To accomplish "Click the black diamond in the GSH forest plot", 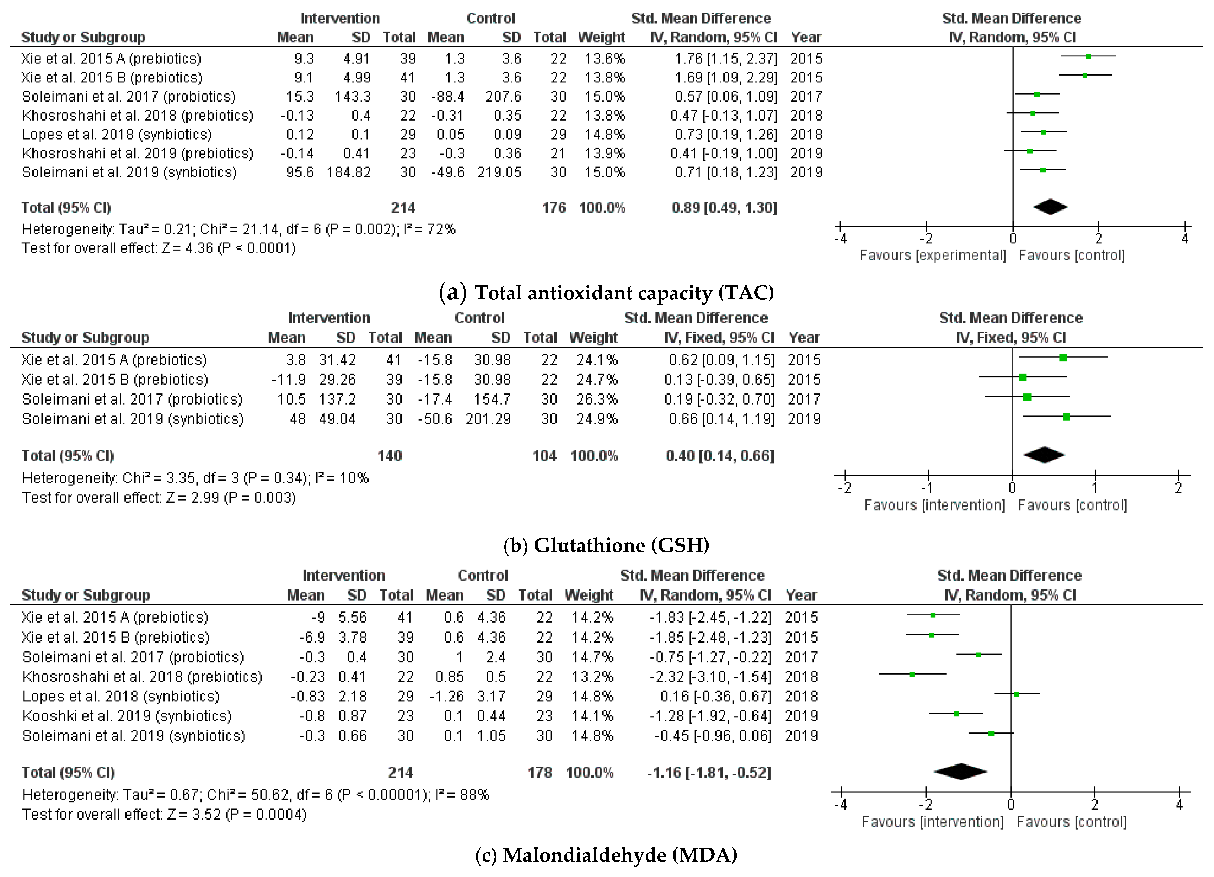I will tap(1044, 455).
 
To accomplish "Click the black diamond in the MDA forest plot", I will tap(961, 772).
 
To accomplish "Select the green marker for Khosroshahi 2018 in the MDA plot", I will tap(912, 675).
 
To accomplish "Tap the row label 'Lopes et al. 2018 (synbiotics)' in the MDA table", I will tap(121, 696).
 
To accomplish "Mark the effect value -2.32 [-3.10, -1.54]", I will tap(710, 676).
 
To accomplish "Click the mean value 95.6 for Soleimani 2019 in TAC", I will tap(300, 172).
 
